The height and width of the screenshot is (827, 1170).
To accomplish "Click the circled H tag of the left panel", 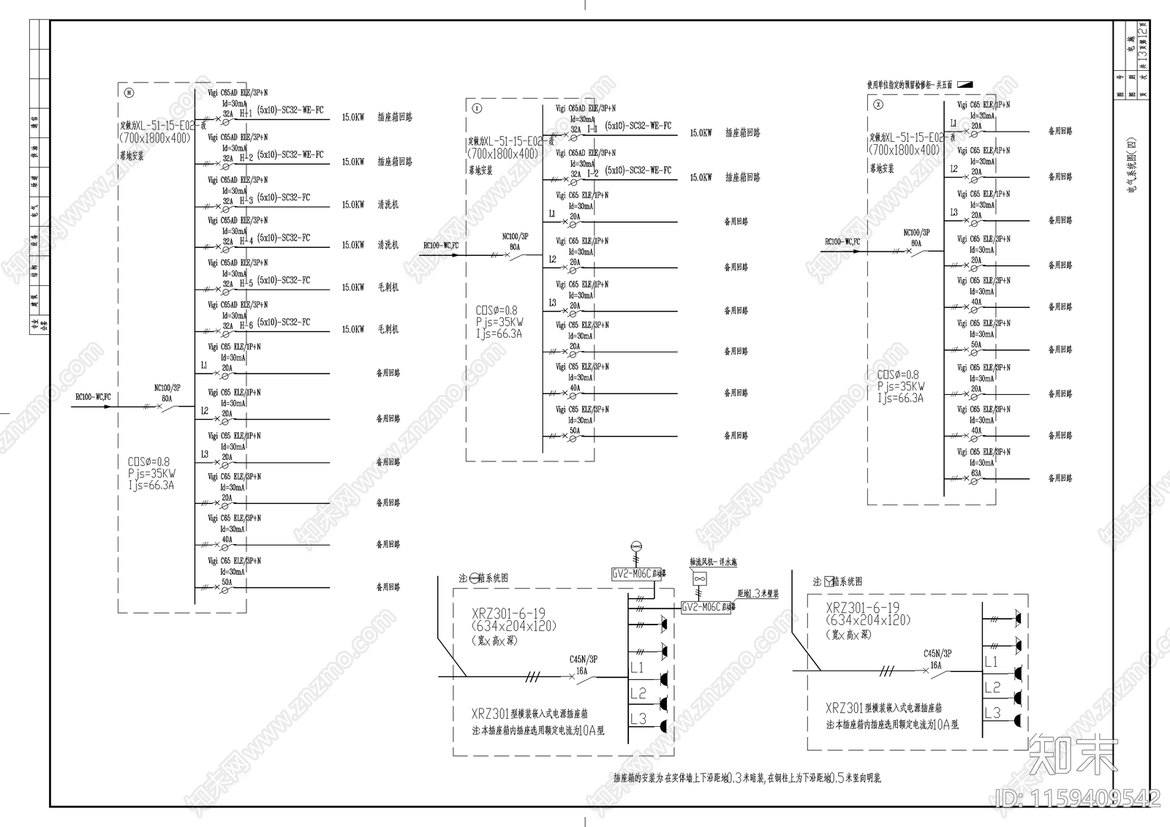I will pos(129,93).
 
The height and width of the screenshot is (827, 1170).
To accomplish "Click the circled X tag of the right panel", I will pos(879,105).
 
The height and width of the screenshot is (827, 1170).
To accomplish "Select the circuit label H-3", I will pos(246,200).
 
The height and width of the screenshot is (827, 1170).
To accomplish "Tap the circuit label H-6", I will pos(246,325).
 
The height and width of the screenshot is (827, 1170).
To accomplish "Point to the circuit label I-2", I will pos(592,173).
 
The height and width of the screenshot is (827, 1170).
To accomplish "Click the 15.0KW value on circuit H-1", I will pos(353,117).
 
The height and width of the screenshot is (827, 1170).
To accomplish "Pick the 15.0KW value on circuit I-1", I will pos(701,133).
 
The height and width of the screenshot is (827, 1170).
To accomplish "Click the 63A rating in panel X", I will pos(976,473).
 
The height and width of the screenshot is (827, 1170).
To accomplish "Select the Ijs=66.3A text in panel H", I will pos(151,485).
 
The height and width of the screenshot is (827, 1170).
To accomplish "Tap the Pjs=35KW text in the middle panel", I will pos(499,322).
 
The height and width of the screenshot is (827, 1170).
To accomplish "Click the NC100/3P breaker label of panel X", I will pos(916,233).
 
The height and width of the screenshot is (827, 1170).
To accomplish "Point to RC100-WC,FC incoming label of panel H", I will pos(93,397).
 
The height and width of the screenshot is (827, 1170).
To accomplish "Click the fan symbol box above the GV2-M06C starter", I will pos(700,578).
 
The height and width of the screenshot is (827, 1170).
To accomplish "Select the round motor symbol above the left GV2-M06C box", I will pos(635,547).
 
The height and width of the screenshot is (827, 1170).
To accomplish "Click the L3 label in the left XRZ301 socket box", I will pos(638,719).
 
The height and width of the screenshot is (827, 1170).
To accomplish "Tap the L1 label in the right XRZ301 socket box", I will pos(992,662).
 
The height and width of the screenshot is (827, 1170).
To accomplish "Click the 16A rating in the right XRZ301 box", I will pos(935,665).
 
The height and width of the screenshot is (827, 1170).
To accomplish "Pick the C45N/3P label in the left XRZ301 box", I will pos(584,659).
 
